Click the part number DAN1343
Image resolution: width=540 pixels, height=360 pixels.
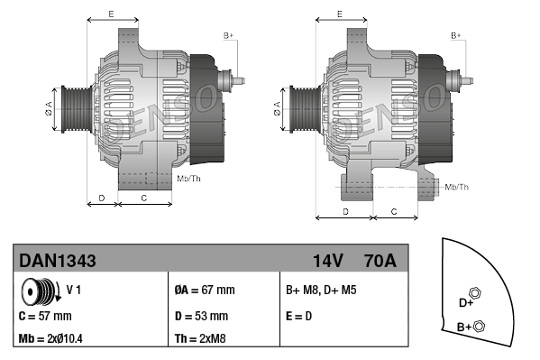point(58,262)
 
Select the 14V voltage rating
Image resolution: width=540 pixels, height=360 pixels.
point(327,262)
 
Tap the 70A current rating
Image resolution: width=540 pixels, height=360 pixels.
point(378,262)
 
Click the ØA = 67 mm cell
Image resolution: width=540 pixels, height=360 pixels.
point(205,291)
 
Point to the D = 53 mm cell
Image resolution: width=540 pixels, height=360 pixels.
point(201,317)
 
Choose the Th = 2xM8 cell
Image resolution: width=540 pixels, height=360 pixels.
point(199,338)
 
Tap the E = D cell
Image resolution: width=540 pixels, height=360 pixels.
point(300,317)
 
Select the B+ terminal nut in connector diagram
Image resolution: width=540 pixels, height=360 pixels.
point(479,326)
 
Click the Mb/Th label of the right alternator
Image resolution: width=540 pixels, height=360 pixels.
point(457,187)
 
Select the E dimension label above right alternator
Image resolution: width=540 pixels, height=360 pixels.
point(338,13)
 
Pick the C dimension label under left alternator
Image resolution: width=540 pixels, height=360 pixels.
point(144,197)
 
